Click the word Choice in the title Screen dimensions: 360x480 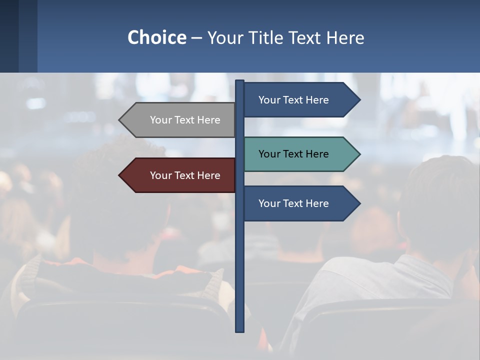pos(156,37)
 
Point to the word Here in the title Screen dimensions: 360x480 pos(345,37)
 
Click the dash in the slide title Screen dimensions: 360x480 pos(196,38)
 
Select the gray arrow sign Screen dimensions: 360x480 pos(180,120)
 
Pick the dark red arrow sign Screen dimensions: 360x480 pos(180,175)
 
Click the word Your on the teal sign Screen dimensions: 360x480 pos(269,154)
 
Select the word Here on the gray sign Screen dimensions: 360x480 pos(208,120)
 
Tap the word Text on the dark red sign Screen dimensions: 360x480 pos(184,175)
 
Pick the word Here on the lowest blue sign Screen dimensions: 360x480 pos(317,203)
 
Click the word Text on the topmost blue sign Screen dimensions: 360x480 pos(293,100)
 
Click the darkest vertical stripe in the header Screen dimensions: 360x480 pos(9,36)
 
